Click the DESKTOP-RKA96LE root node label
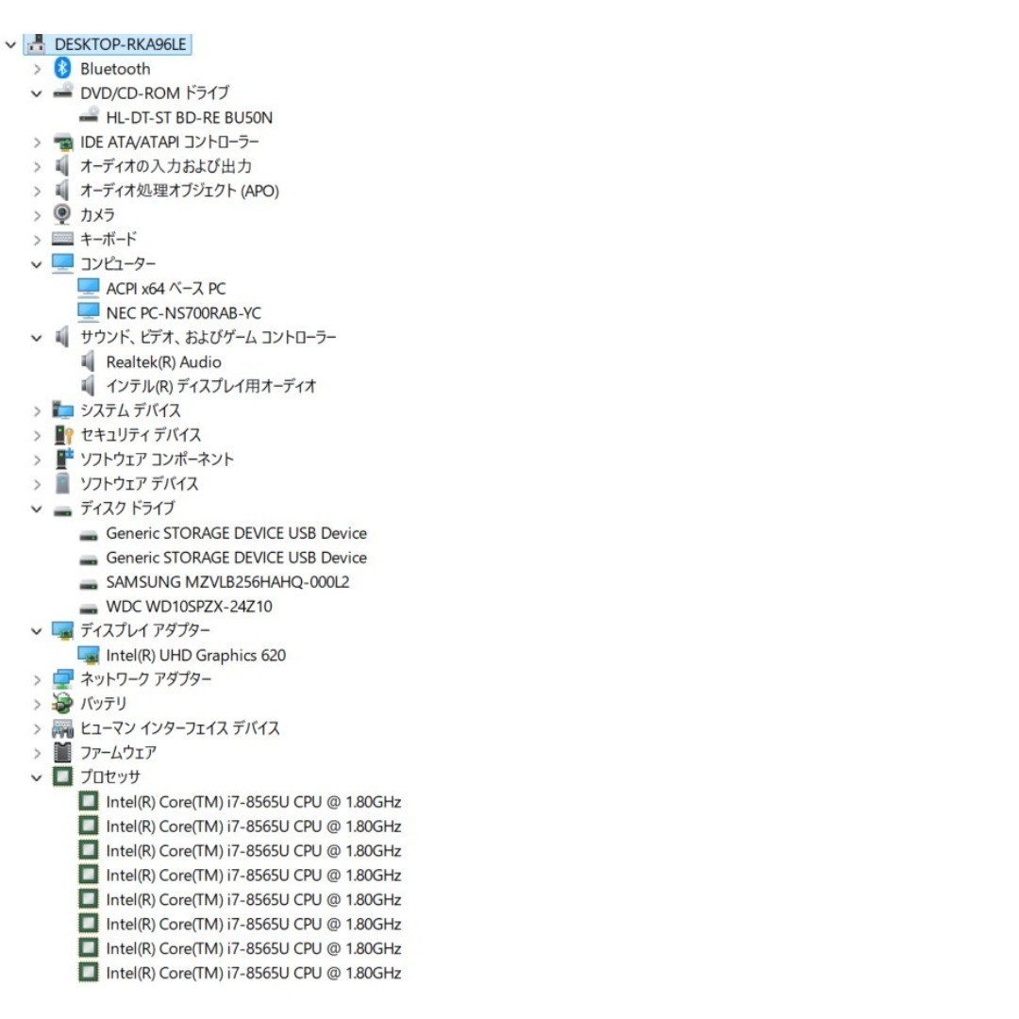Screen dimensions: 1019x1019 (120, 44)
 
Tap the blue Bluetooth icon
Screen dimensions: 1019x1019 (62, 68)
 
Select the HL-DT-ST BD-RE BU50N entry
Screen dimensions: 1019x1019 (189, 118)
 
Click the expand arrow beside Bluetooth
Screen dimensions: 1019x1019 (37, 69)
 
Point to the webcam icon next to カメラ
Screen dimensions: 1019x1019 (62, 214)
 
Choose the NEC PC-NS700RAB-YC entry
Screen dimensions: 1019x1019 (183, 313)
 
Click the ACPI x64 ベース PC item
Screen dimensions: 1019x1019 (166, 289)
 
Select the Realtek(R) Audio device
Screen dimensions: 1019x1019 (164, 362)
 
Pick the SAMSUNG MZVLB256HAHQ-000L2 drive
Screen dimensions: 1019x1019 (227, 581)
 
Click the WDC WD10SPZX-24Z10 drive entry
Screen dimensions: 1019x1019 (189, 607)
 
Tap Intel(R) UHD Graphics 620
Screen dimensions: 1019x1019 (195, 655)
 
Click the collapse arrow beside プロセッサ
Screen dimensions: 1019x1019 (37, 777)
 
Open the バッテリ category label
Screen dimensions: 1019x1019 (104, 703)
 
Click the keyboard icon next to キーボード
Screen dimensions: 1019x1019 (62, 239)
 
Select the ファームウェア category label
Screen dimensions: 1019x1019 (118, 753)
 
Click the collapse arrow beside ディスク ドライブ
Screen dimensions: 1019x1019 (37, 509)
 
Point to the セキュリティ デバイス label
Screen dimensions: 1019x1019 (141, 435)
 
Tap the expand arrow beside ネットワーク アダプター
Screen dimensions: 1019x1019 (37, 679)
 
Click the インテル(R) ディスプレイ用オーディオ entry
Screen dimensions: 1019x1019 (211, 386)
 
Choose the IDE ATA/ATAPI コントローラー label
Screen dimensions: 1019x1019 (170, 142)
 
